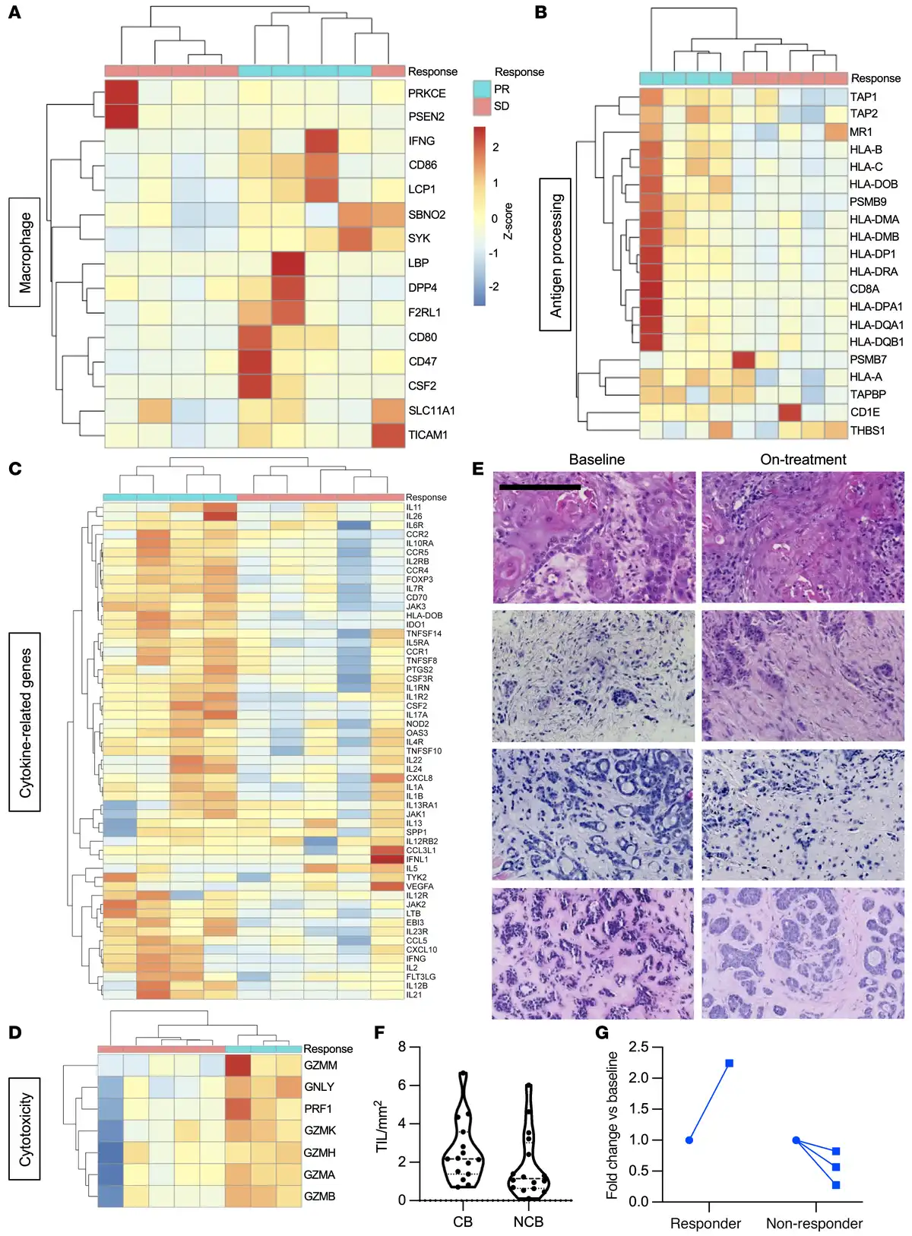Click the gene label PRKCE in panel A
[x=426, y=93]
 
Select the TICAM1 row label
[x=428, y=435]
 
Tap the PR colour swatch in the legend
[x=482, y=90]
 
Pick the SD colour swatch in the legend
[x=482, y=107]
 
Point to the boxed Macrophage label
[x=25, y=252]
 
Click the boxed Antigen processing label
[x=556, y=255]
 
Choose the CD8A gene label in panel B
[x=864, y=289]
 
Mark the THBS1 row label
[x=867, y=431]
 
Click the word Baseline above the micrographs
[x=597, y=460]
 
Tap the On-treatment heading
[x=803, y=460]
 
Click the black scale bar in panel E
[x=540, y=487]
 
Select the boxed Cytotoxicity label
[x=25, y=1129]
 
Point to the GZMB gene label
[x=319, y=1196]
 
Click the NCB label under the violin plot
[x=528, y=1222]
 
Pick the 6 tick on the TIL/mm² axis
[x=402, y=1086]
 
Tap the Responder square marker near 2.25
[x=729, y=1064]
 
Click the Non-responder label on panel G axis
[x=814, y=1224]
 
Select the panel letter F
[x=380, y=1032]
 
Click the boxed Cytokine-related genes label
[x=25, y=722]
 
